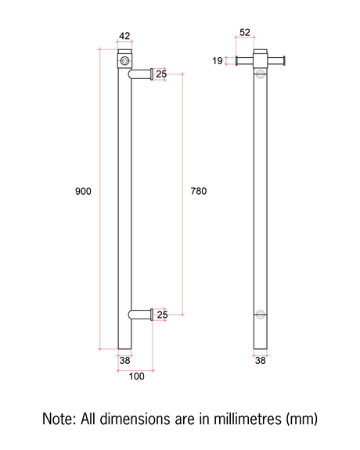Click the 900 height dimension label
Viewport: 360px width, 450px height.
pyautogui.click(x=83, y=191)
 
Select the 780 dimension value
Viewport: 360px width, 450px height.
pyautogui.click(x=199, y=191)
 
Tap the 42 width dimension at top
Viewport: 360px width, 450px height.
pyautogui.click(x=124, y=36)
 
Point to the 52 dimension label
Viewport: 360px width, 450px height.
pyautogui.click(x=245, y=32)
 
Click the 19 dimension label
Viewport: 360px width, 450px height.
pyautogui.click(x=218, y=60)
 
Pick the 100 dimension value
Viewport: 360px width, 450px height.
pyautogui.click(x=136, y=376)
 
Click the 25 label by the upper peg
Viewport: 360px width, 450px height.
pyautogui.click(x=161, y=74)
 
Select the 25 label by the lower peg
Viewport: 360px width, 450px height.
pyautogui.click(x=162, y=315)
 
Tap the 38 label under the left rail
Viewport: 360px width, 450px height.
pyautogui.click(x=124, y=361)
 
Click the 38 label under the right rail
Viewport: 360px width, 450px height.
pyautogui.click(x=261, y=361)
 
